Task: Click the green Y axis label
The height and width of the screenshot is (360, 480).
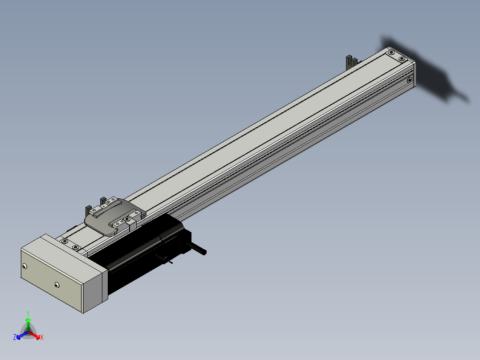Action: [x=28, y=313]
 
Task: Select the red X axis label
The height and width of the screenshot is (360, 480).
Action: [x=42, y=337]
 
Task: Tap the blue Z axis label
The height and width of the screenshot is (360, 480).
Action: [x=15, y=337]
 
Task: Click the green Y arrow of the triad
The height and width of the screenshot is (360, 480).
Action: [x=28, y=325]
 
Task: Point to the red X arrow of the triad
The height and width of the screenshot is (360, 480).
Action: [x=34, y=335]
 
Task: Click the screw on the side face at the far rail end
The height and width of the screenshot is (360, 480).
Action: [x=410, y=80]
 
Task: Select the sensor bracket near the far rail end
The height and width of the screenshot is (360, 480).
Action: [x=351, y=62]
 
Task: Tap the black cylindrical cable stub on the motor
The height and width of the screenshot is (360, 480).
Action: [x=196, y=249]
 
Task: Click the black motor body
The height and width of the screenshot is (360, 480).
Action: [x=144, y=251]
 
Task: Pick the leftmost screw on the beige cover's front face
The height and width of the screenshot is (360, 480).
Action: [x=25, y=266]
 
